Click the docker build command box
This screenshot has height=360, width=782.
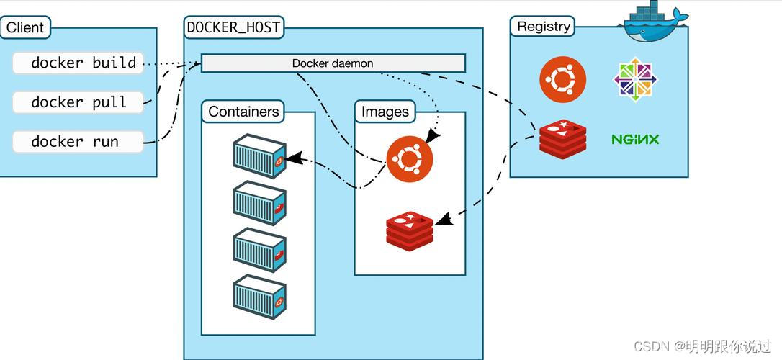coord(78,63)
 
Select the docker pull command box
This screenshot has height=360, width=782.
coord(78,102)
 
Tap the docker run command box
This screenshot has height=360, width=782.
coord(78,142)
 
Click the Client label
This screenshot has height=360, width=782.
coord(25,27)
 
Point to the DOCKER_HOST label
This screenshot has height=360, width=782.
coord(233,27)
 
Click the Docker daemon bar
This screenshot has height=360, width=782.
coord(333,63)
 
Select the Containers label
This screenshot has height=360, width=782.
coord(243,111)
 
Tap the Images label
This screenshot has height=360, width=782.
coord(385,112)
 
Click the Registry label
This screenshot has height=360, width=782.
coord(543,27)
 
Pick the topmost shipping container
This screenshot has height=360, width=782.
coord(259,156)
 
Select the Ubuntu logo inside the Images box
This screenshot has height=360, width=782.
coord(410,160)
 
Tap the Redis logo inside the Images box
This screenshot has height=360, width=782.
coord(410,230)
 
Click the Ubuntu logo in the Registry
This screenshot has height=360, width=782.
coord(562,80)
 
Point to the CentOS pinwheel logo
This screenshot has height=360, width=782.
coord(635,80)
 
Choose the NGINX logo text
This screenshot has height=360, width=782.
coord(635,139)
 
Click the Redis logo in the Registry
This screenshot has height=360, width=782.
coord(562,139)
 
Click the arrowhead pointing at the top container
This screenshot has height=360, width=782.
coord(295,158)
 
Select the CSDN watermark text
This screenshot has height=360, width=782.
coord(702,346)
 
